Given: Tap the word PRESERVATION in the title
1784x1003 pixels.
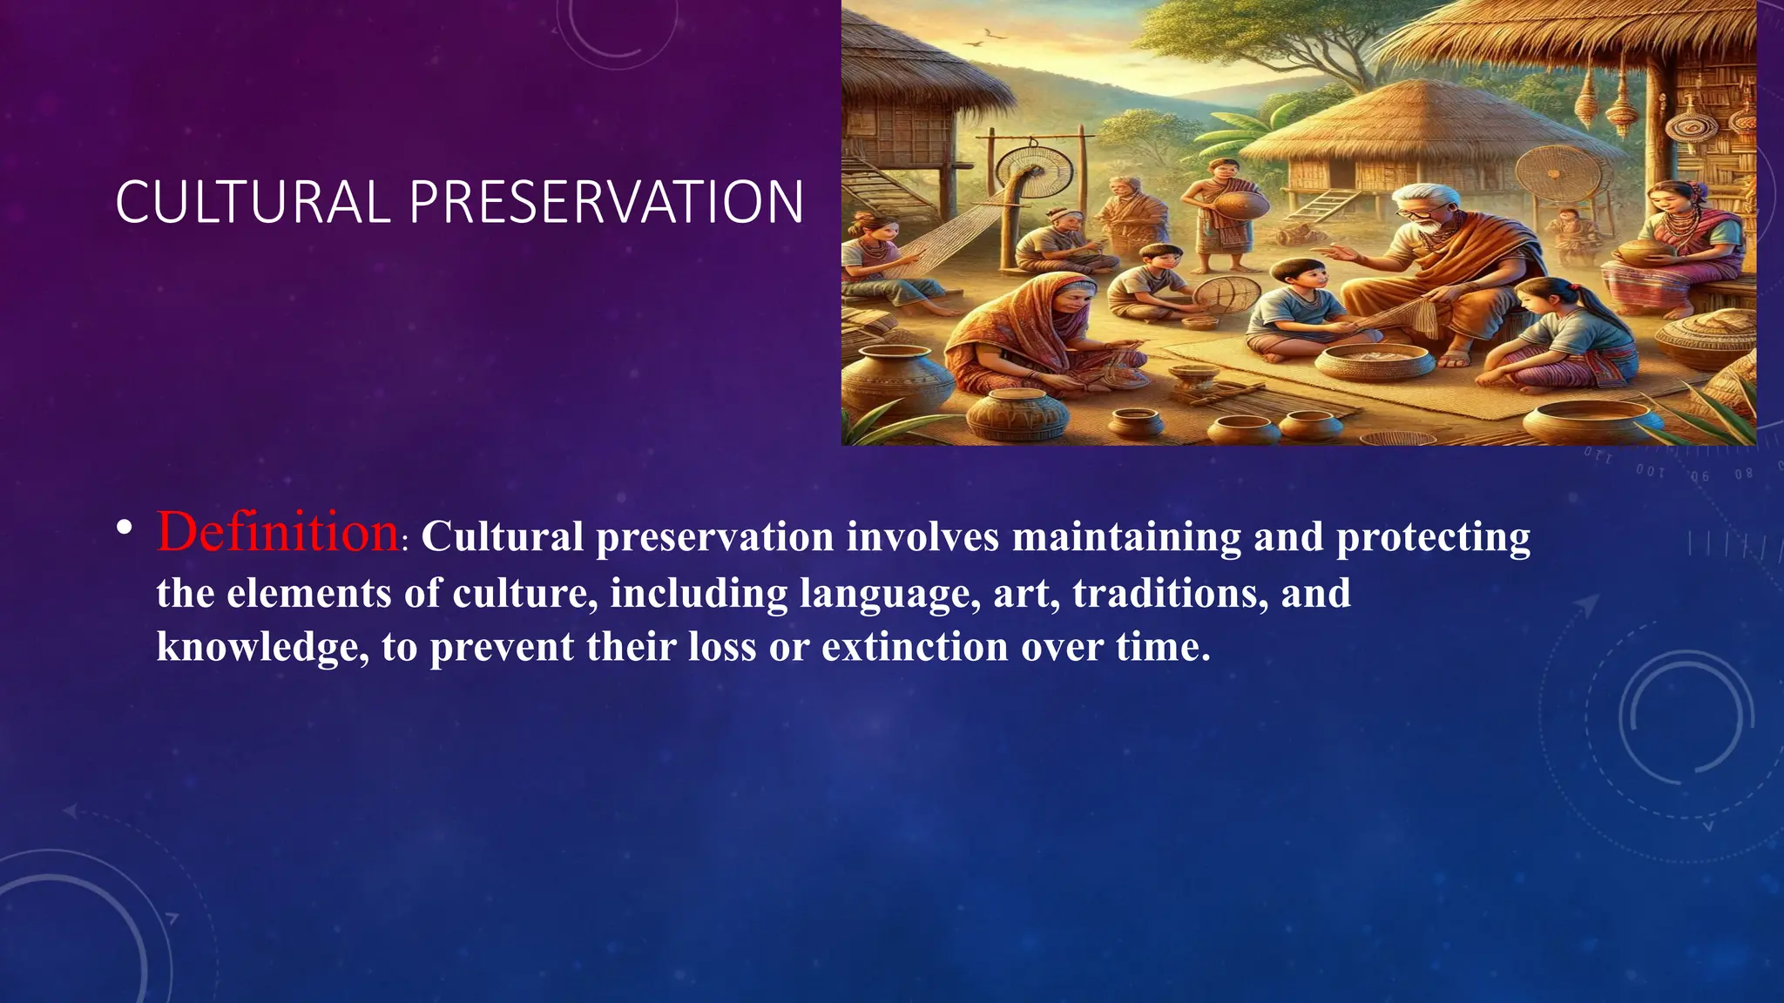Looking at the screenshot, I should pos(606,202).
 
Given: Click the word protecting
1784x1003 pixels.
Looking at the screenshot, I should pos(1433,538).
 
